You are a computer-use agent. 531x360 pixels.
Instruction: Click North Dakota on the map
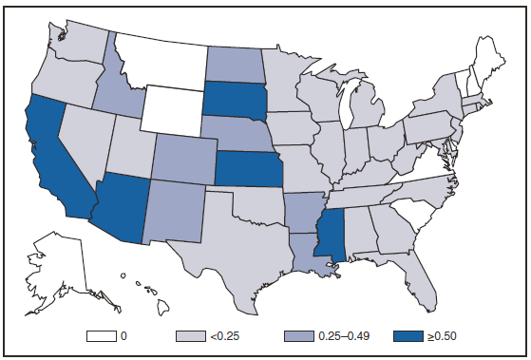pos(231,65)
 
